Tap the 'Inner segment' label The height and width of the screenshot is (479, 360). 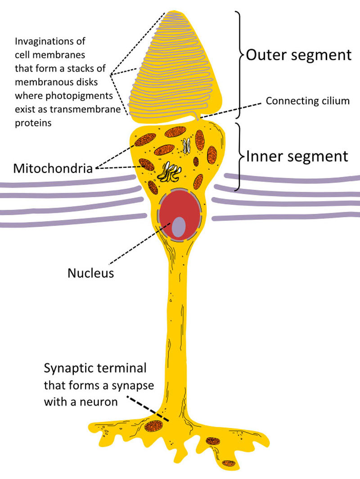pyautogui.click(x=297, y=156)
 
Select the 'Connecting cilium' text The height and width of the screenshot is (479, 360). pyautogui.click(x=307, y=100)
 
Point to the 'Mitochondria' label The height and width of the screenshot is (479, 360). pyautogui.click(x=53, y=169)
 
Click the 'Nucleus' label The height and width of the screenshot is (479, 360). pyautogui.click(x=90, y=273)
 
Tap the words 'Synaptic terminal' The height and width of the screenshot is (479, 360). pyautogui.click(x=95, y=368)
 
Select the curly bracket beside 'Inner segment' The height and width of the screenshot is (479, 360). pyautogui.click(x=240, y=156)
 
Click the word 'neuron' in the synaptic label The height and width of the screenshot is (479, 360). pyautogui.click(x=99, y=401)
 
